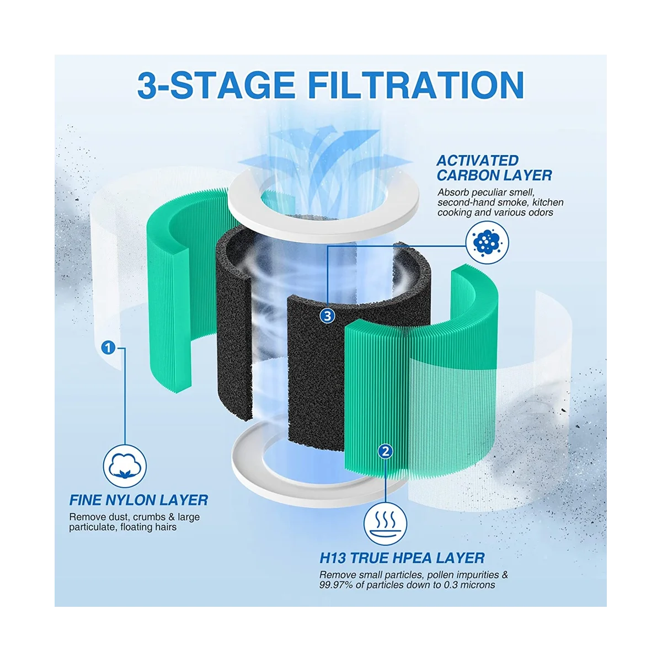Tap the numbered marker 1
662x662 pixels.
tap(108, 348)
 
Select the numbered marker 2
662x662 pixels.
tap(385, 451)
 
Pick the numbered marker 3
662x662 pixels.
tap(328, 316)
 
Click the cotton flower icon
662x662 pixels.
tap(125, 468)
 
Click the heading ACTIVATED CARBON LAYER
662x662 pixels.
tap(494, 168)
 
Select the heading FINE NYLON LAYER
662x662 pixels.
tap(138, 500)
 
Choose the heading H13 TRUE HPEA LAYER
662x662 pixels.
tap(402, 558)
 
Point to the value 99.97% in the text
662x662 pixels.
tap(337, 585)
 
